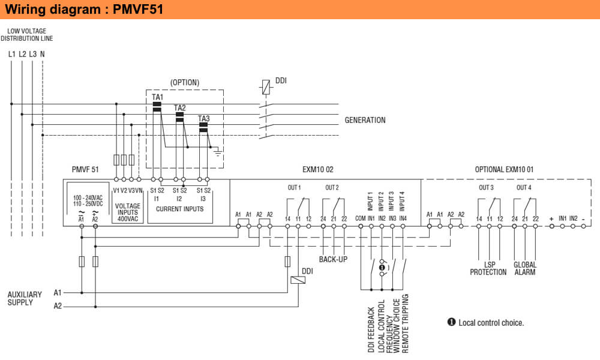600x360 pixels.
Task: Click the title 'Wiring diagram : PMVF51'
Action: pyautogui.click(x=83, y=10)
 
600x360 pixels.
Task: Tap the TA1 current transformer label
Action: pyautogui.click(x=157, y=97)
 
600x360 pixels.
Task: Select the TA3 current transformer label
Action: pyautogui.click(x=204, y=118)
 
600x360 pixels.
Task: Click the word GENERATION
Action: pyautogui.click(x=365, y=120)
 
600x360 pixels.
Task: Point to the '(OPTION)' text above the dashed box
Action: pyautogui.click(x=185, y=82)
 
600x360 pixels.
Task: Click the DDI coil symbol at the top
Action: pyautogui.click(x=265, y=87)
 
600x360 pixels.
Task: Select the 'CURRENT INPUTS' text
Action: pyautogui.click(x=179, y=209)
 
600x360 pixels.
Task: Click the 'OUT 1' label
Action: pyautogui.click(x=294, y=188)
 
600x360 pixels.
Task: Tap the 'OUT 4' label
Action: pyautogui.click(x=524, y=188)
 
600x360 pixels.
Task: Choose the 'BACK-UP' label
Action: pyautogui.click(x=333, y=259)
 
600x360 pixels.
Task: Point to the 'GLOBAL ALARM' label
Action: pyautogui.click(x=525, y=268)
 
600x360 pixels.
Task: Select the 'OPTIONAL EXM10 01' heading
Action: pyautogui.click(x=504, y=170)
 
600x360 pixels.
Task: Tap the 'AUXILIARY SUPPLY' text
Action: pyautogui.click(x=25, y=298)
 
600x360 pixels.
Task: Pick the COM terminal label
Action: pyautogui.click(x=360, y=218)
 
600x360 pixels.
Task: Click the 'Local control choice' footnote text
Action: pyautogui.click(x=491, y=323)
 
